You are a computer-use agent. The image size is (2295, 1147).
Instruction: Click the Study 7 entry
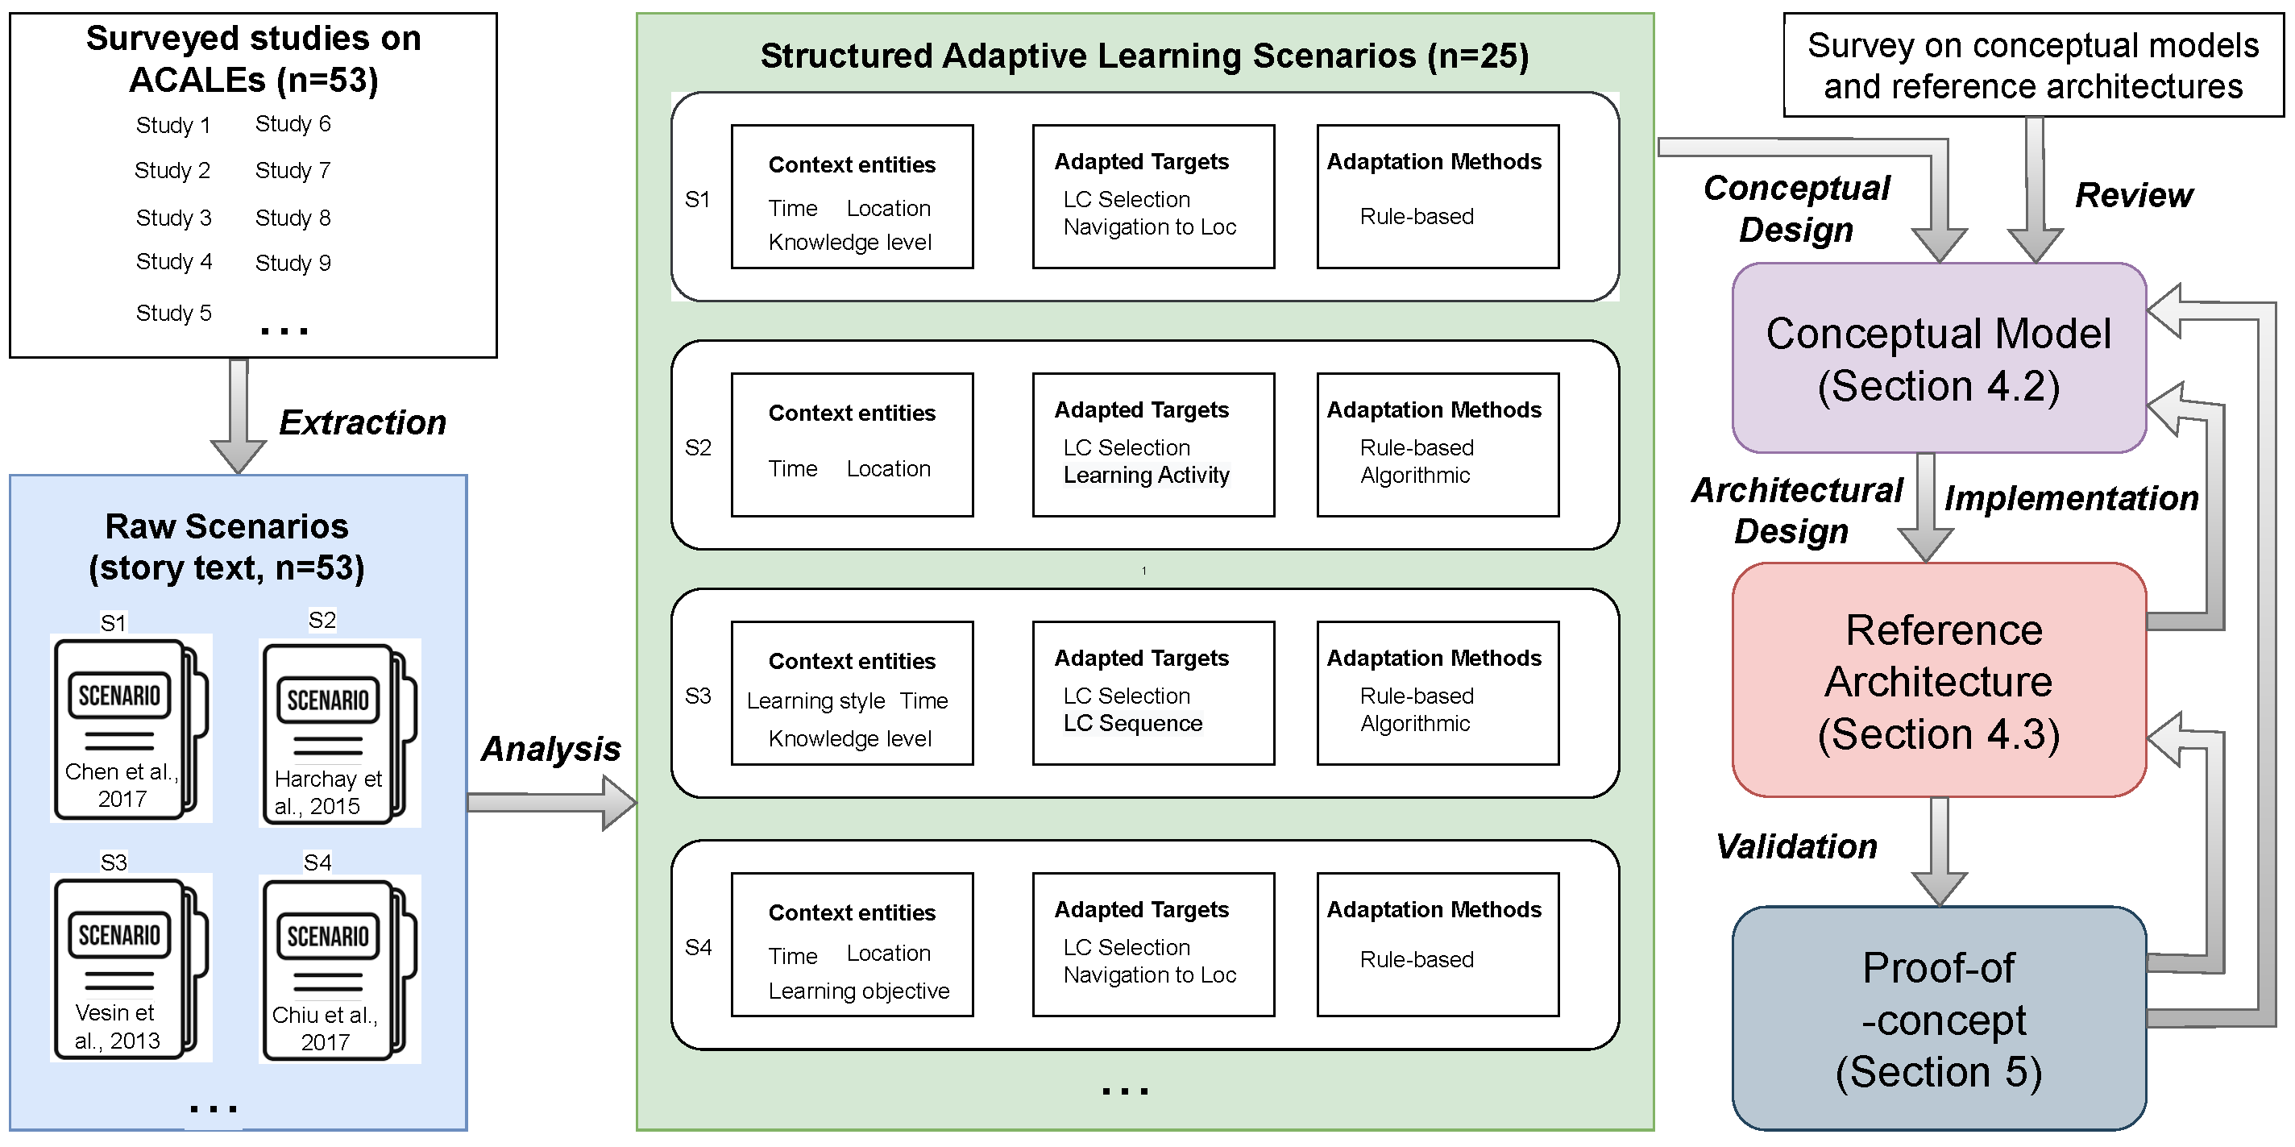[x=293, y=170]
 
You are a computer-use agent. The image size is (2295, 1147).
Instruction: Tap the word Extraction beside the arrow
[x=362, y=422]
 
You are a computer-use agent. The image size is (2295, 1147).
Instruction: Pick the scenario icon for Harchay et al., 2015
[x=338, y=733]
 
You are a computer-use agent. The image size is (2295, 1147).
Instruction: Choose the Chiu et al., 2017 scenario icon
[x=338, y=970]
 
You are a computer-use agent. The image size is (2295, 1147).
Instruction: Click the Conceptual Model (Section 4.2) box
[x=1939, y=358]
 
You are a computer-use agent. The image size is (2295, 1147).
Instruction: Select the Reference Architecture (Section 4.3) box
[x=1939, y=681]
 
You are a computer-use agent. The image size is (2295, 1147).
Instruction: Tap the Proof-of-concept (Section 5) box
[x=1939, y=1019]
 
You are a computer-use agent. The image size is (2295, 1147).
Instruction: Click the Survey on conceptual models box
[x=2033, y=65]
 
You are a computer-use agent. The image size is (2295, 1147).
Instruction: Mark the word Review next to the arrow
[x=2134, y=195]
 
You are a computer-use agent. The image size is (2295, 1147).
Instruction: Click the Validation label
[x=1796, y=846]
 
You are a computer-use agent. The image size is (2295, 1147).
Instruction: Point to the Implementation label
[x=2071, y=498]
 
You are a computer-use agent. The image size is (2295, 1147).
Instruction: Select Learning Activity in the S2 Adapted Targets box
[x=1146, y=475]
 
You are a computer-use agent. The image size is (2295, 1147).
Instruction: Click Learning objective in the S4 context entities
[x=859, y=991]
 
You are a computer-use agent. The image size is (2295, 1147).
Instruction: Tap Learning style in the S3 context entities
[x=815, y=701]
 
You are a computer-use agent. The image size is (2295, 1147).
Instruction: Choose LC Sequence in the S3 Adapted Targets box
[x=1132, y=724]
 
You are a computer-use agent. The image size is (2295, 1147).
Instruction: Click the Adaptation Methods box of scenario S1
[x=1437, y=196]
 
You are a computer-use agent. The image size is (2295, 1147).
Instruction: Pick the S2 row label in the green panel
[x=698, y=447]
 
